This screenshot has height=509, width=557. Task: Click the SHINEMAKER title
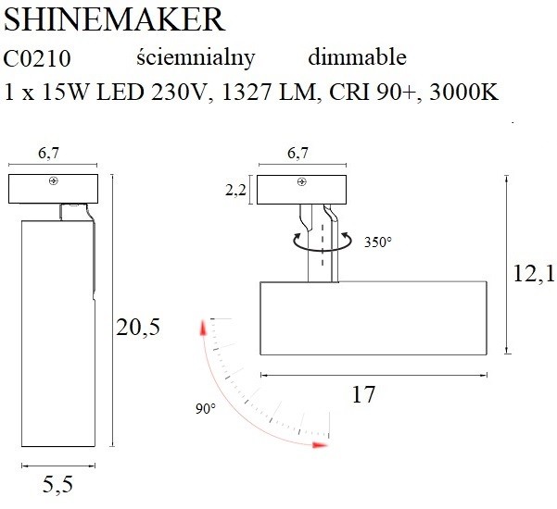coord(114,19)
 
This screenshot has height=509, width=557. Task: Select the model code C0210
coord(37,59)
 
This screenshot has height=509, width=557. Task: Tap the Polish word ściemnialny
coord(196,57)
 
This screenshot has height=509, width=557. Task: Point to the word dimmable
coord(358,57)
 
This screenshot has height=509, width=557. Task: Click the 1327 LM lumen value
coord(269,92)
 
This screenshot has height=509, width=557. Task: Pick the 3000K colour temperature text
coord(464,92)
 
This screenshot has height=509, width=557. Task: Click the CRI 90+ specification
coord(373,92)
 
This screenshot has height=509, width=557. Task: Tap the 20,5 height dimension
coord(138,327)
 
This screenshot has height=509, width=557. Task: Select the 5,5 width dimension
coord(57,485)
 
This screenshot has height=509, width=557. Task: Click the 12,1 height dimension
coord(534,274)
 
